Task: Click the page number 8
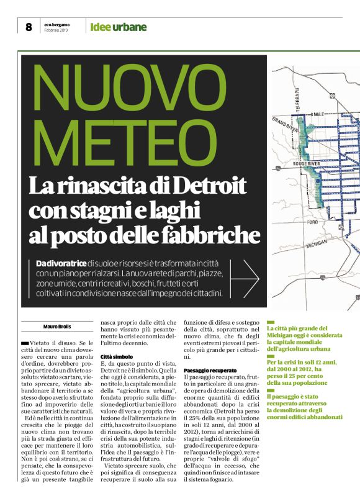tap(29, 27)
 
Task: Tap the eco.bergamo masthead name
tap(56, 24)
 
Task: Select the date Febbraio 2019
tap(56, 30)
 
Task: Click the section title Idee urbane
tap(118, 27)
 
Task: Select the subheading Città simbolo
tap(117, 356)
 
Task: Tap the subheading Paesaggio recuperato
tap(210, 370)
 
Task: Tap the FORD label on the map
tap(312, 222)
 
